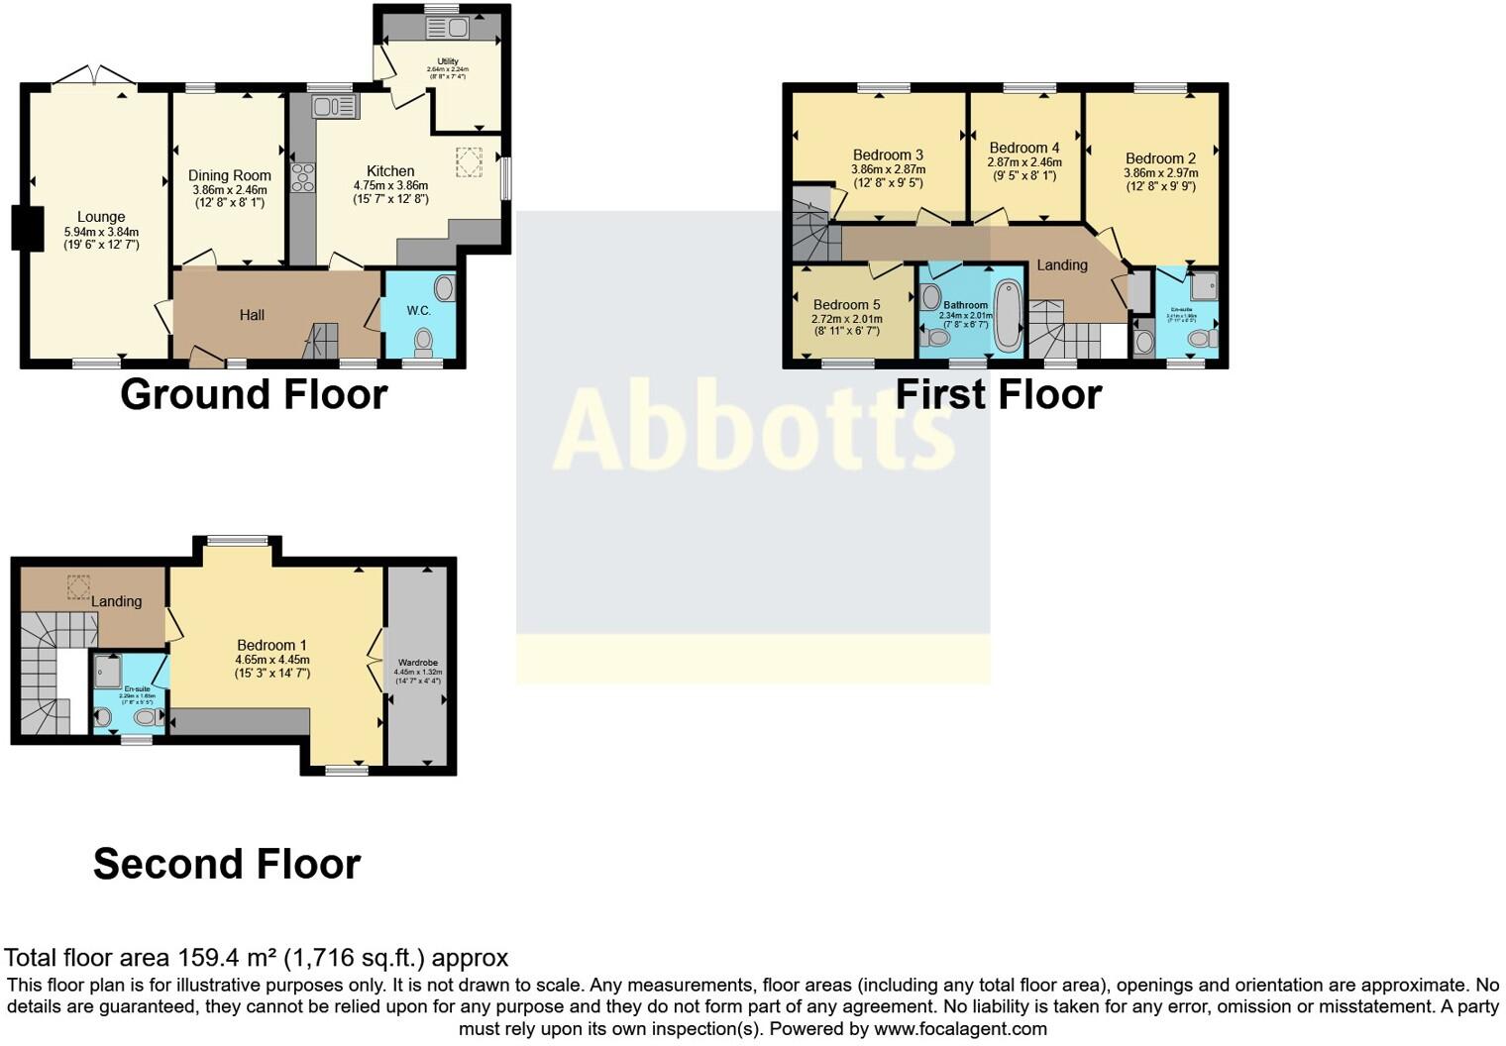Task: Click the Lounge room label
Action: click(x=101, y=217)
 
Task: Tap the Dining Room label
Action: click(x=229, y=175)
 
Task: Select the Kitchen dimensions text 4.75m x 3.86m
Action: click(x=390, y=185)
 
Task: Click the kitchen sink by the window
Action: click(x=335, y=106)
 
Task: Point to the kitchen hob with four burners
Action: click(x=302, y=177)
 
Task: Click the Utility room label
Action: click(x=448, y=61)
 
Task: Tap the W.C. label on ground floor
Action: click(x=418, y=311)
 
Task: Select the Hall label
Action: click(x=252, y=315)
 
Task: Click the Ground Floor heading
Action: click(x=254, y=394)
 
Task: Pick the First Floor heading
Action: click(x=998, y=394)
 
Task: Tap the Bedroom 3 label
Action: click(x=888, y=155)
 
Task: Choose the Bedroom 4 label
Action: click(x=1024, y=148)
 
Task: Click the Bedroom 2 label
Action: click(x=1160, y=158)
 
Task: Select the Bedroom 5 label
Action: click(x=846, y=305)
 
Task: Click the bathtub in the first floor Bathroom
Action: click(x=1008, y=315)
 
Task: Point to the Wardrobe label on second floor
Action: click(x=417, y=663)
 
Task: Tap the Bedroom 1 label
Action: click(x=271, y=645)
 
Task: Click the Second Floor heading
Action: click(x=227, y=865)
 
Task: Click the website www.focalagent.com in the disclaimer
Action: click(x=960, y=1029)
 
